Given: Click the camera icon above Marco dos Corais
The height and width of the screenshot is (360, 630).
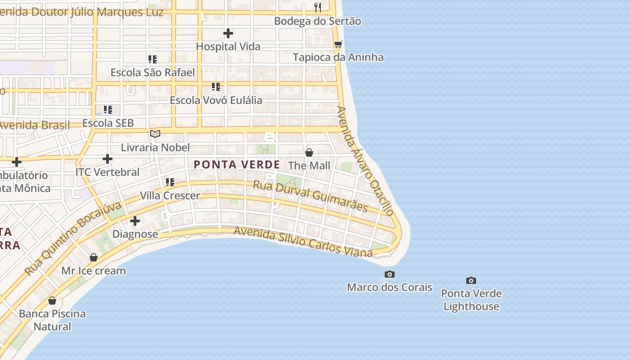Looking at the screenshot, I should click(390, 274).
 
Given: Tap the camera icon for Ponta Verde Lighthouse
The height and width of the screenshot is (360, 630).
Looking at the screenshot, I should click(471, 280).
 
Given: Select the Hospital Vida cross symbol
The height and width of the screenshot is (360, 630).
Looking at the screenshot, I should click(228, 33).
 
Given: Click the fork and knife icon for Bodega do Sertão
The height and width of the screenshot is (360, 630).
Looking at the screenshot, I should click(318, 7).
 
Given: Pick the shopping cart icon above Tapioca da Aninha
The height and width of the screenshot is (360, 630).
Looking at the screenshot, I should click(338, 44).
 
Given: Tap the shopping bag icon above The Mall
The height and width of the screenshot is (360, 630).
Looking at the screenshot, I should click(309, 153).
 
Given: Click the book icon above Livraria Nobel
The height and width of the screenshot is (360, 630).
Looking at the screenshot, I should click(155, 134).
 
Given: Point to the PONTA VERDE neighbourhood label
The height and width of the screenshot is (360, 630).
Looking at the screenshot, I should click(237, 165).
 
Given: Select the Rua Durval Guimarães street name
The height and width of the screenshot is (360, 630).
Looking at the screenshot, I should click(310, 196).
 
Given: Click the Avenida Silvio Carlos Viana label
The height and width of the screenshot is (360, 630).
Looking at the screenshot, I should click(303, 242).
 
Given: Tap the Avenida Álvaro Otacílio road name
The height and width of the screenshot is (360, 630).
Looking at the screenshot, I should click(365, 160).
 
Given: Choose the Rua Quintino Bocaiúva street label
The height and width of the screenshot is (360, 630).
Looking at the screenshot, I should click(73, 239).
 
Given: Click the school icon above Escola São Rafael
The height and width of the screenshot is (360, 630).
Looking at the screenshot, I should click(153, 59).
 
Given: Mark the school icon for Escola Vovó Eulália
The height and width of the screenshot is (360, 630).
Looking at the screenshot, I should click(216, 86).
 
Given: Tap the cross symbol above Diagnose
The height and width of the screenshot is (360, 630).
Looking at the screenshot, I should click(135, 221).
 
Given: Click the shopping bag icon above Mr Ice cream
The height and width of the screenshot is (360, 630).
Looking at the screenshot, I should click(94, 257).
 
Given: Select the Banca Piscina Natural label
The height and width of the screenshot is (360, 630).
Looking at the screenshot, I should click(52, 320).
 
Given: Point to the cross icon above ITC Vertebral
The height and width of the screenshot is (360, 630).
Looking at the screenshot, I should click(108, 159).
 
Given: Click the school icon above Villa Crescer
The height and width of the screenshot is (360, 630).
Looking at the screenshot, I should click(170, 182).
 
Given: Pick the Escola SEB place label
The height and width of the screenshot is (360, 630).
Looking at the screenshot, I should click(108, 123).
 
